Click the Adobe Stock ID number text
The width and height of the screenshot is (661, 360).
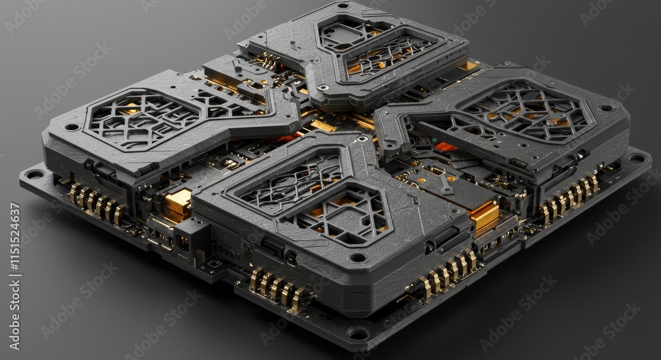pyautogui.click(x=15, y=276)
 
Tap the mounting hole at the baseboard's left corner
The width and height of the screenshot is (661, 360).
pyautogui.click(x=34, y=174)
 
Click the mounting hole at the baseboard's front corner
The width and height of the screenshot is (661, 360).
pyautogui.click(x=358, y=334)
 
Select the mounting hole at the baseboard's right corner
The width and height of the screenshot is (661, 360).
pyautogui.click(x=637, y=157)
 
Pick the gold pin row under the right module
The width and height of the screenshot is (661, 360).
pyautogui.click(x=569, y=198)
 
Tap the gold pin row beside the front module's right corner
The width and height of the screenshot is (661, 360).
pyautogui.click(x=449, y=273)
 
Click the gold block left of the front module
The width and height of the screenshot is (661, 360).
pyautogui.click(x=177, y=205)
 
